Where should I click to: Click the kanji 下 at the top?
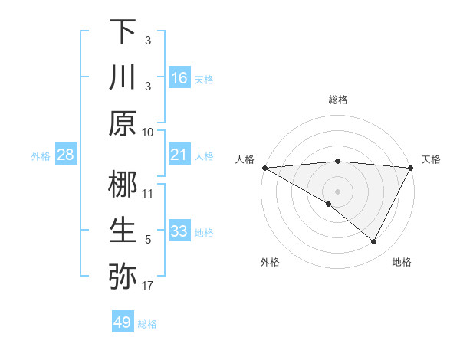click(123, 31)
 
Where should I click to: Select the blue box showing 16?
click(179, 78)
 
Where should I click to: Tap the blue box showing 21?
click(179, 155)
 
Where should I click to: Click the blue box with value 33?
click(179, 231)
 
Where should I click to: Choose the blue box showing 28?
click(66, 155)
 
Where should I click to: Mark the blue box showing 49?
click(123, 322)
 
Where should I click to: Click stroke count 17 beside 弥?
click(148, 286)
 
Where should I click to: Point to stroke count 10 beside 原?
click(148, 132)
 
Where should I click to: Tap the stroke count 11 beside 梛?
click(148, 193)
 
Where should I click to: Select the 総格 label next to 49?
click(148, 324)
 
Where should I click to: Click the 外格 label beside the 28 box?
click(41, 156)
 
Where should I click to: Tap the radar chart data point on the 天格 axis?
click(412, 168)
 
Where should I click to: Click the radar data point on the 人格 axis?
click(264, 168)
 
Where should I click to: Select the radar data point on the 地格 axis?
click(374, 242)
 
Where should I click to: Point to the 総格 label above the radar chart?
click(338, 100)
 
